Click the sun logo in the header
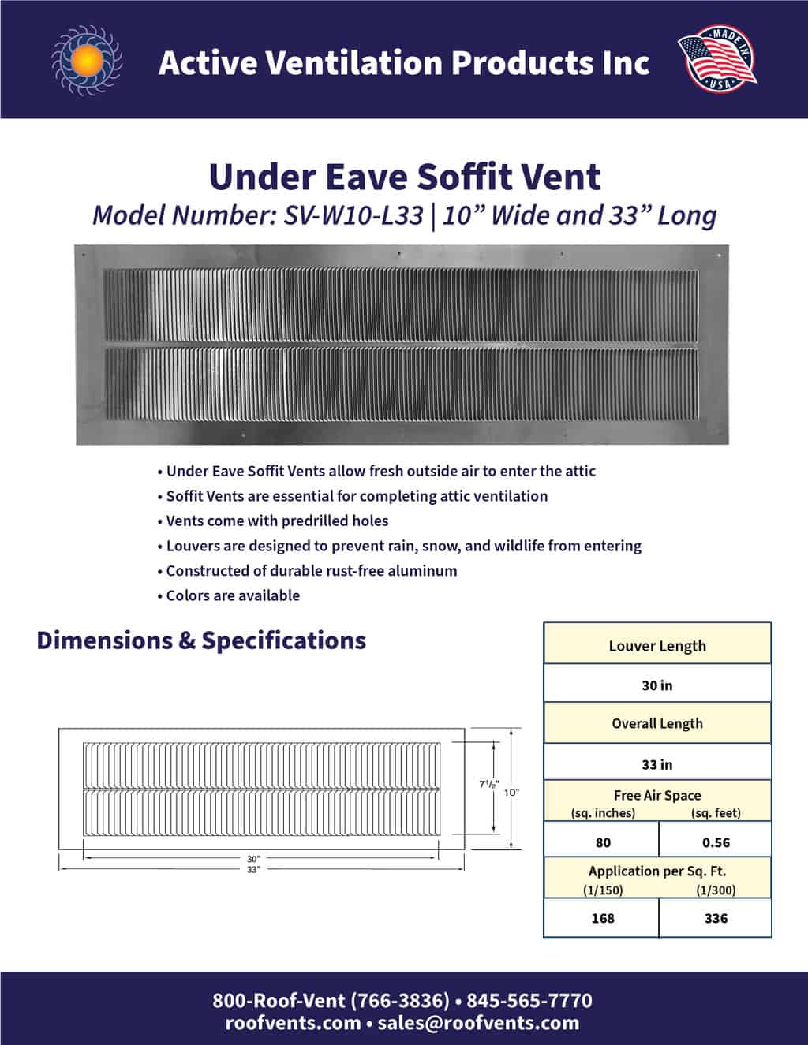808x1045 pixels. pyautogui.click(x=88, y=60)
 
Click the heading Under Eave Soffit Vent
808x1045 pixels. pyautogui.click(x=404, y=177)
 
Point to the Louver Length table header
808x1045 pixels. pyautogui.click(x=657, y=646)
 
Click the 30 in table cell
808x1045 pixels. pyautogui.click(x=657, y=685)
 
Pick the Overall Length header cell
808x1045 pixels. pyautogui.click(x=657, y=724)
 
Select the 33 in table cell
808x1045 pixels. pyautogui.click(x=657, y=764)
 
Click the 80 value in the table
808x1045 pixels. pyautogui.click(x=603, y=842)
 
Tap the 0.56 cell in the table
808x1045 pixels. pyautogui.click(x=716, y=842)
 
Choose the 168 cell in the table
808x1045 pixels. pyautogui.click(x=603, y=918)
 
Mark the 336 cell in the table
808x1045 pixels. pyautogui.click(x=716, y=918)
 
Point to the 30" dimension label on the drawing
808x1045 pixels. pyautogui.click(x=253, y=858)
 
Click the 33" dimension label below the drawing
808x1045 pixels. pyautogui.click(x=253, y=869)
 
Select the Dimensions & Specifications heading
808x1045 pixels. pyautogui.click(x=201, y=640)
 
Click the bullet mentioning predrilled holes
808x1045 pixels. pyautogui.click(x=277, y=521)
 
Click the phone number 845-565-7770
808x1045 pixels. pyautogui.click(x=529, y=1001)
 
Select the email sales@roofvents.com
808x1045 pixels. pyautogui.click(x=478, y=1023)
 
